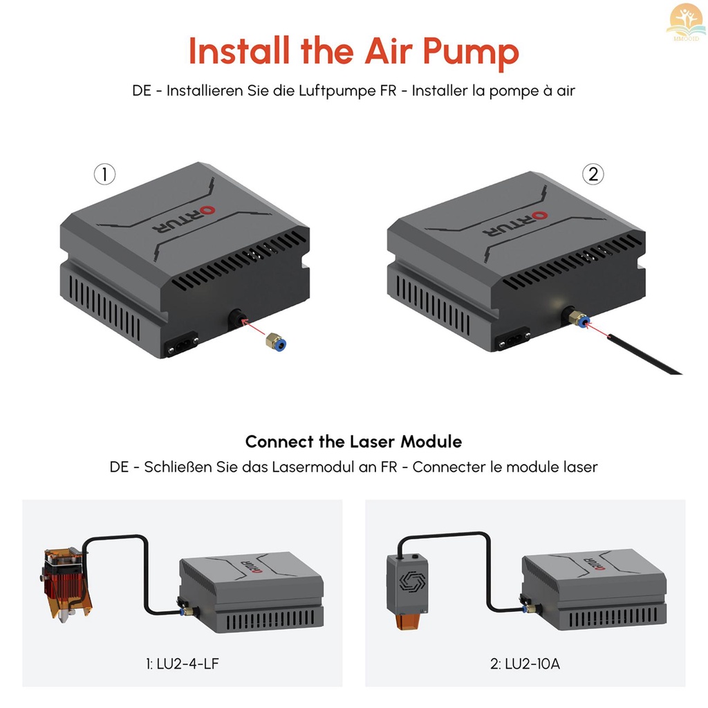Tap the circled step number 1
click(x=104, y=175)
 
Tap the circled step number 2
click(x=593, y=175)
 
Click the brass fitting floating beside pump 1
click(x=275, y=341)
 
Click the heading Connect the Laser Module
click(x=353, y=441)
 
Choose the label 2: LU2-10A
click(x=525, y=665)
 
